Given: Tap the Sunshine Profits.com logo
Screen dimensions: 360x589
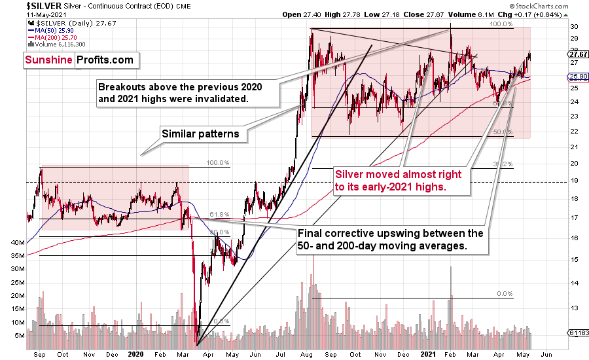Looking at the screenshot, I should tap(79, 60).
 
